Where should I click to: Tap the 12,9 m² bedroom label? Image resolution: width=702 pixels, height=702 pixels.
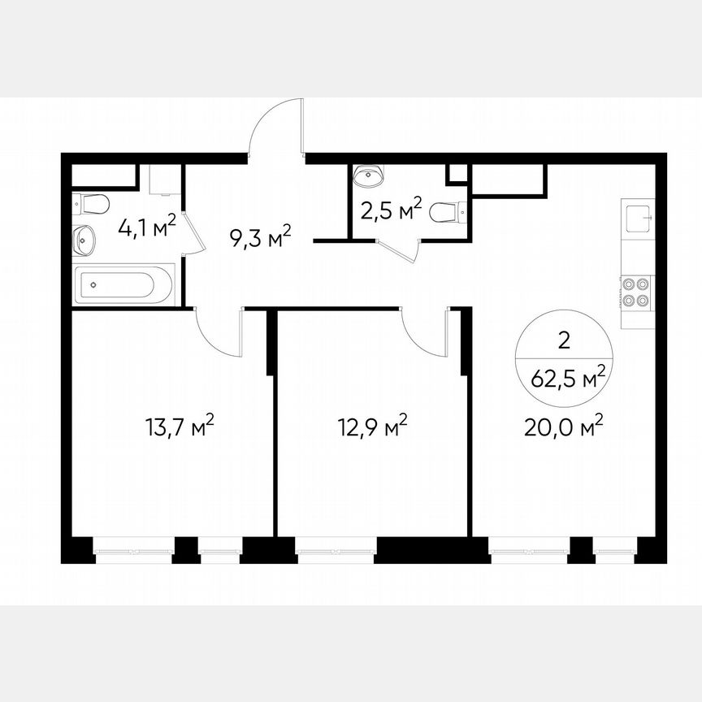click(372, 427)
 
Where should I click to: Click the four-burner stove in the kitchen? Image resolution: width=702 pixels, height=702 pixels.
click(635, 292)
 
